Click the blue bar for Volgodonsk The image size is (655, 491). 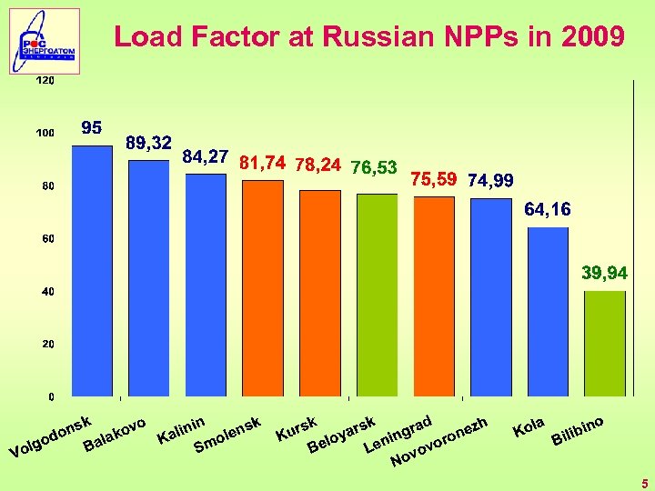(92, 271)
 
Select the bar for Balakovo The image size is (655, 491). (148, 278)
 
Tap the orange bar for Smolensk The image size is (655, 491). (263, 288)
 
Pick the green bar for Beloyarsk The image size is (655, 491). (377, 295)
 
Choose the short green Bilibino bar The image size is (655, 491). (604, 344)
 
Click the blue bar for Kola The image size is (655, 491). (548, 312)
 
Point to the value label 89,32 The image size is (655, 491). (149, 143)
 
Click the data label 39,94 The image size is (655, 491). (604, 273)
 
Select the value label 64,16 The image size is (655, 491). (548, 210)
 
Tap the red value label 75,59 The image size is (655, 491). (434, 179)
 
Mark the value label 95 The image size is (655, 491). (91, 127)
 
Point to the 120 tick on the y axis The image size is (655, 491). (45, 81)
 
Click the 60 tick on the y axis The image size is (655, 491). (46, 239)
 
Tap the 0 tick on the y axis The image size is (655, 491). (50, 397)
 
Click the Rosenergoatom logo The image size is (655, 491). (45, 41)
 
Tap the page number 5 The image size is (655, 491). (643, 483)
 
